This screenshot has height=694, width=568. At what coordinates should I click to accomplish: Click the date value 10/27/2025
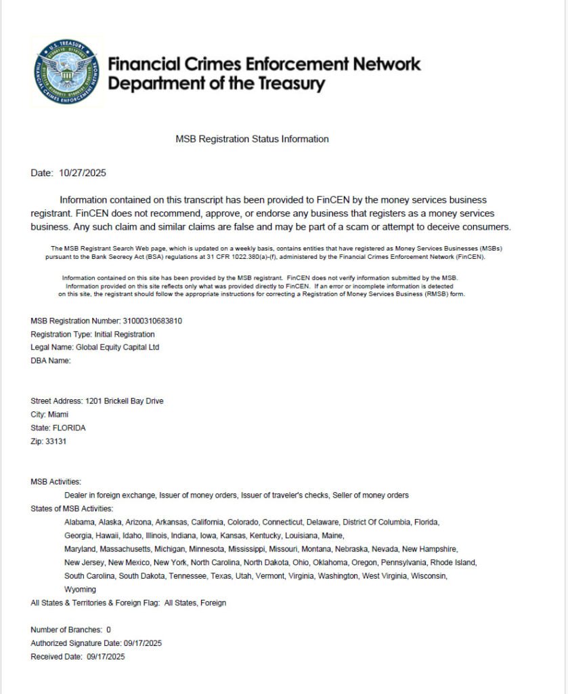(83, 173)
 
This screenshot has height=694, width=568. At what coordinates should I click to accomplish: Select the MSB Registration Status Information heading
(252, 139)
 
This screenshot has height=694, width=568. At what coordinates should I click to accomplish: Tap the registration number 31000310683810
(153, 321)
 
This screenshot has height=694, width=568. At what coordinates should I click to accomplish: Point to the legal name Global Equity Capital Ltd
(118, 347)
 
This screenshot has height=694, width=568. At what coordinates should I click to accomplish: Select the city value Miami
(58, 414)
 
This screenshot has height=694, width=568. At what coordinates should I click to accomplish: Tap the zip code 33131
(56, 441)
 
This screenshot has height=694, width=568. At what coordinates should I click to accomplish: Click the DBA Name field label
(51, 361)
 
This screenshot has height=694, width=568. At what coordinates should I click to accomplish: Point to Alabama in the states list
(79, 522)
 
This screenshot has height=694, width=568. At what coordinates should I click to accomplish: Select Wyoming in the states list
(80, 589)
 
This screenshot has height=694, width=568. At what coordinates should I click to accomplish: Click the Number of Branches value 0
(108, 630)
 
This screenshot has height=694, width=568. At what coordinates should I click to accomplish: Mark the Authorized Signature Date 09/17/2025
(142, 643)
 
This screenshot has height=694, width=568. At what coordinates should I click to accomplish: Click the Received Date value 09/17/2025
(106, 656)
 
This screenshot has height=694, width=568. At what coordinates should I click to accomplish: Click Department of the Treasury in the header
(217, 84)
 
